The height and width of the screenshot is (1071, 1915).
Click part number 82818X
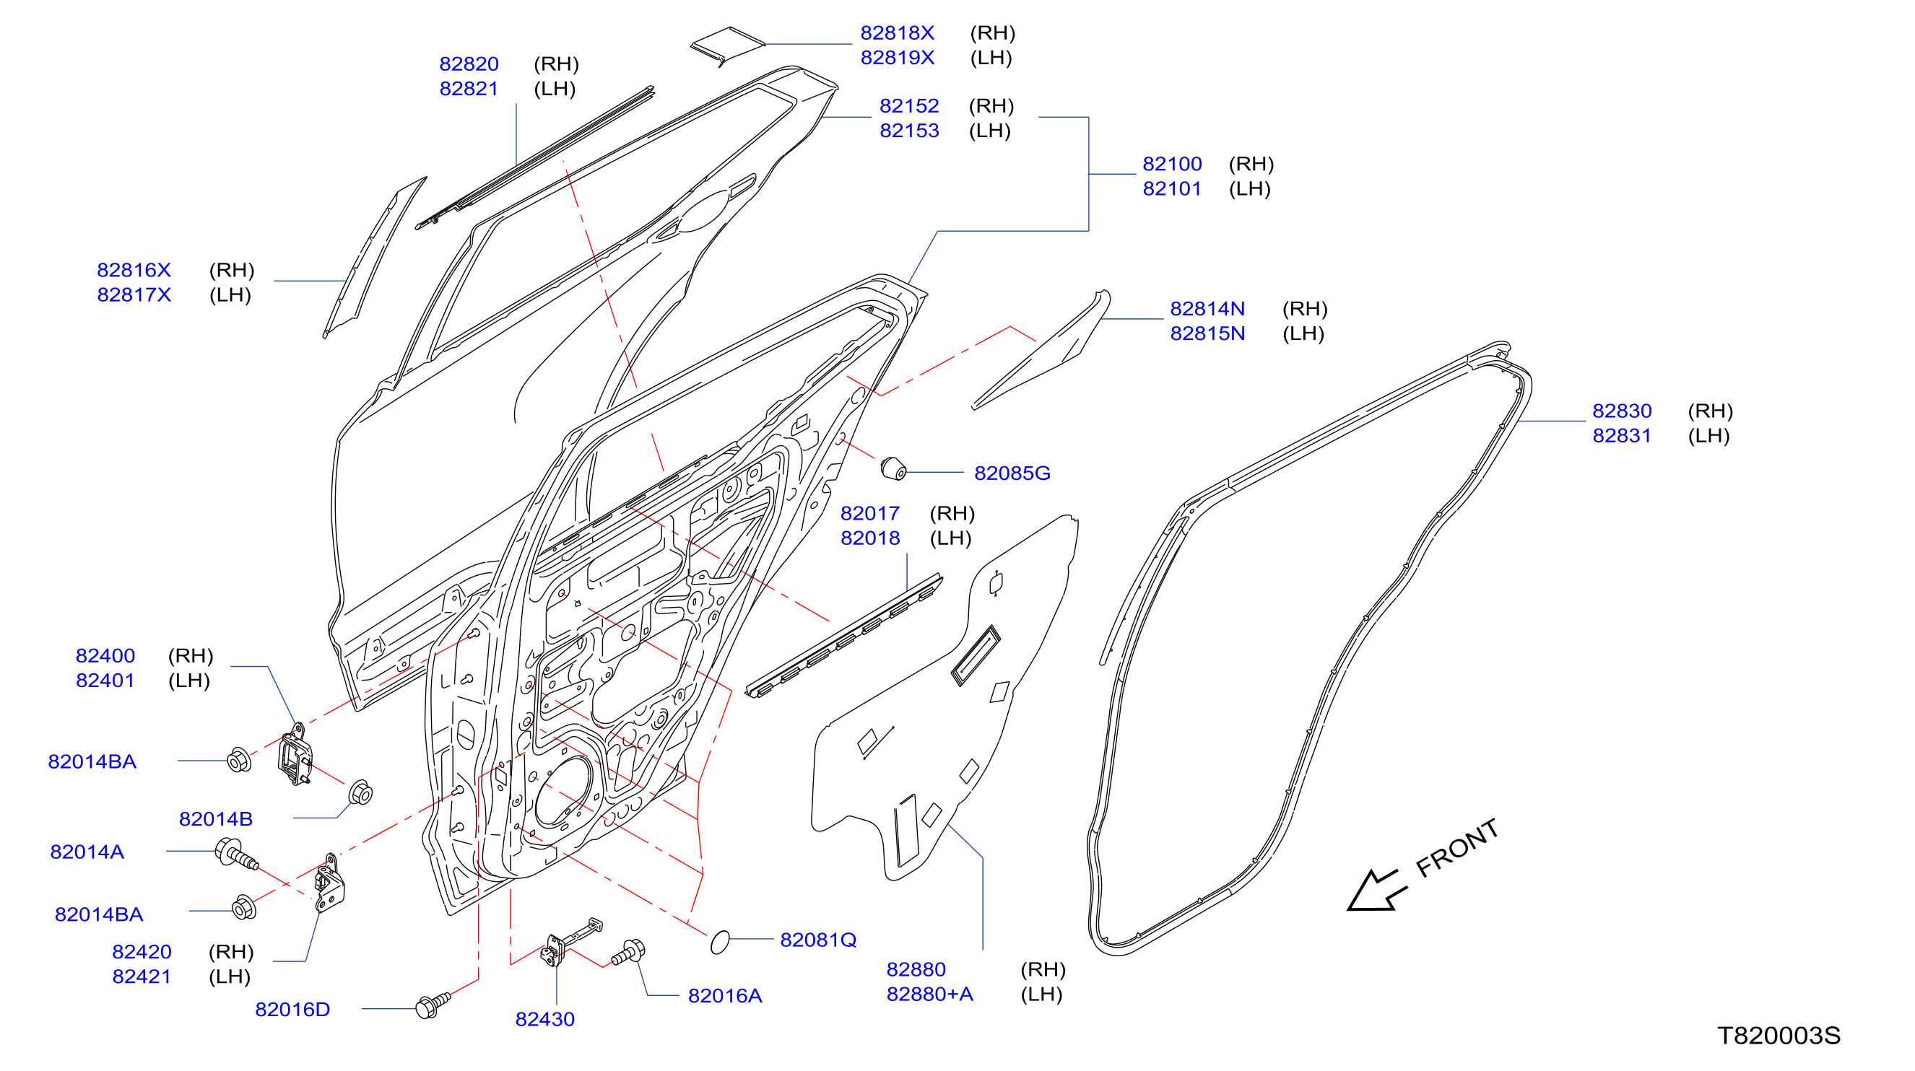[897, 32]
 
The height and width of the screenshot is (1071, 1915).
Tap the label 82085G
[1012, 473]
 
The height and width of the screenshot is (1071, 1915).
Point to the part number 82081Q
[817, 940]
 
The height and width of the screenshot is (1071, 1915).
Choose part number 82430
[545, 1018]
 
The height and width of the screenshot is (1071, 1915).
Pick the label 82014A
[87, 851]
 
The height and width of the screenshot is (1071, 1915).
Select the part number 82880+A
[929, 994]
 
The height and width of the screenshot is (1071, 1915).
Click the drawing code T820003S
[1779, 1035]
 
